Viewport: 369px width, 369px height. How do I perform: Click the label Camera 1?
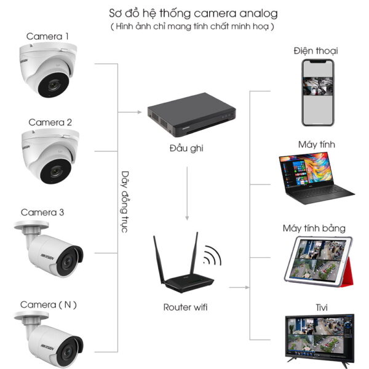pos(48,36)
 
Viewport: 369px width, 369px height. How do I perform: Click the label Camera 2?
pos(50,122)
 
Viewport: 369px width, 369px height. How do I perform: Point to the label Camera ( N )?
pos(49,304)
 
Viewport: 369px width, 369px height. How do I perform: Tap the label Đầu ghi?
pos(186,148)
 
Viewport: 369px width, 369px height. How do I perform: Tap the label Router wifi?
pos(187,306)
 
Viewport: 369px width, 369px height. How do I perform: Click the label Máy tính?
pos(317,145)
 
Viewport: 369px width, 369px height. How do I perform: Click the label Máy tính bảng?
pos(314,228)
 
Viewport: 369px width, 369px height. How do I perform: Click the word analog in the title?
pos(255,13)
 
